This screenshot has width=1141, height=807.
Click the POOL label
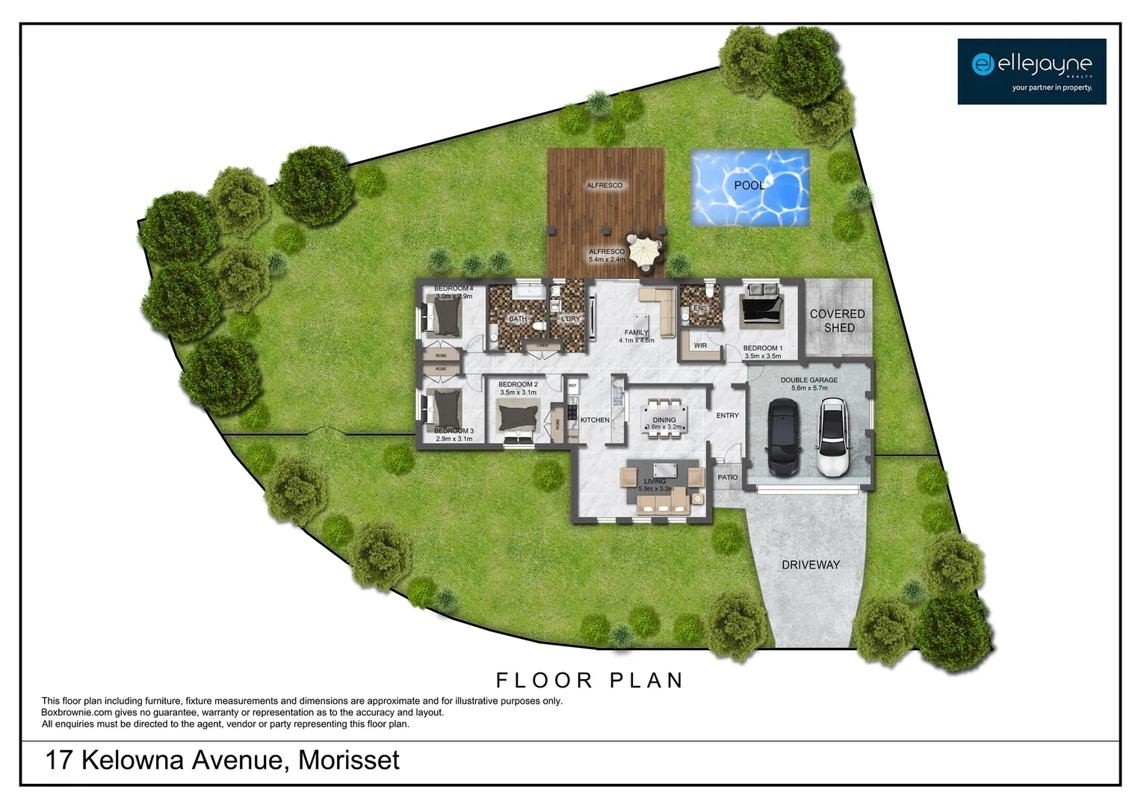(749, 185)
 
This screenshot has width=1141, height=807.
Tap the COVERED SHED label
(838, 321)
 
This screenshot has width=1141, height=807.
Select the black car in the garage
(782, 437)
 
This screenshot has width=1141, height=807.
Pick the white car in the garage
(835, 437)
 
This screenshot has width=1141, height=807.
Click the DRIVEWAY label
(811, 565)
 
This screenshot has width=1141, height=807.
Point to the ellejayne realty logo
(1031, 71)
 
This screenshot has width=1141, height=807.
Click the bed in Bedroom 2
(518, 418)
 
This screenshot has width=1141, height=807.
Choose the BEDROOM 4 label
(454, 288)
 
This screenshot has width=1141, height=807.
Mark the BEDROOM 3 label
(454, 431)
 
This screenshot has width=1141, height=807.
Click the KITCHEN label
(595, 420)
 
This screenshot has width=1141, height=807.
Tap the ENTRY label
(727, 415)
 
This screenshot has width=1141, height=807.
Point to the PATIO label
(728, 477)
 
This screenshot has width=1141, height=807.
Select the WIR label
(700, 346)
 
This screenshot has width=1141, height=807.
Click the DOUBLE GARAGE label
(809, 380)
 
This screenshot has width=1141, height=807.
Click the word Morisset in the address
(349, 761)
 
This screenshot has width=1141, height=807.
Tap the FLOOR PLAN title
(590, 681)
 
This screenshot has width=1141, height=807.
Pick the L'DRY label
(570, 319)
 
